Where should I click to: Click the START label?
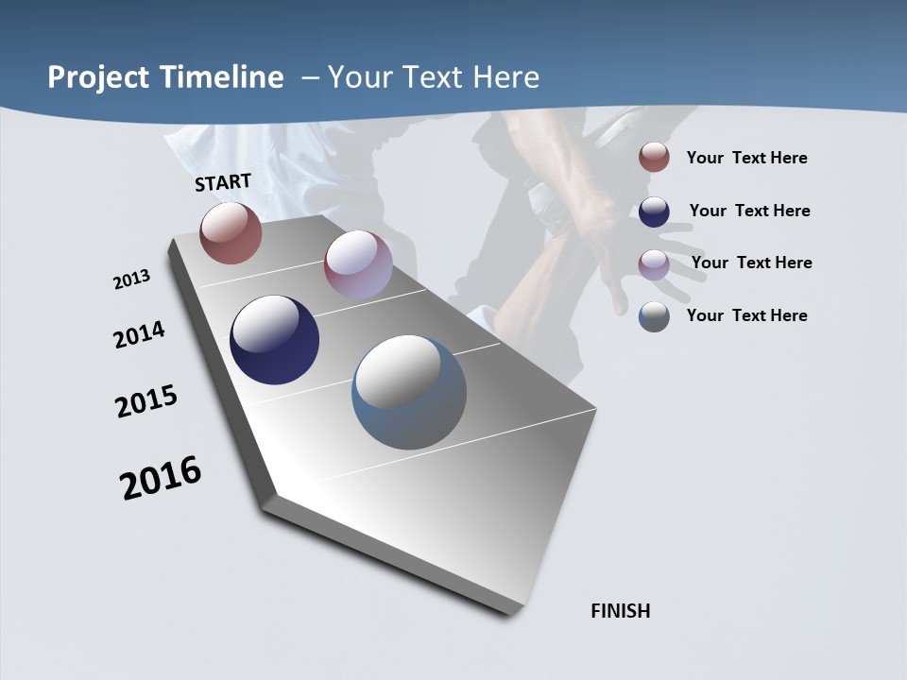(x=223, y=182)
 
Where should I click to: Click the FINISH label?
(x=621, y=611)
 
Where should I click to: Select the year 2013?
(x=132, y=279)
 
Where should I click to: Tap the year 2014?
(x=140, y=335)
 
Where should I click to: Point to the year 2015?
(x=146, y=401)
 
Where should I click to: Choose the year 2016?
(x=161, y=478)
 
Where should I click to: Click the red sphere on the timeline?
(x=231, y=232)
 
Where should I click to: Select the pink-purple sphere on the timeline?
(x=358, y=264)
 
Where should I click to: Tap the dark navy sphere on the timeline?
(x=274, y=340)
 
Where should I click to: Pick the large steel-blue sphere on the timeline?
(x=409, y=392)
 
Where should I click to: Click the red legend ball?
(x=654, y=157)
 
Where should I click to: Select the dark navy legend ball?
(x=654, y=212)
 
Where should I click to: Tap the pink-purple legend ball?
(x=654, y=264)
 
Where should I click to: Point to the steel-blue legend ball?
(x=654, y=316)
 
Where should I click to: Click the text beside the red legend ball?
(x=746, y=158)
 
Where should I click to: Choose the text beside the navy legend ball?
(x=749, y=211)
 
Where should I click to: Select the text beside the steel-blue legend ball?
(x=746, y=315)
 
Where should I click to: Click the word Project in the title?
(x=99, y=77)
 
